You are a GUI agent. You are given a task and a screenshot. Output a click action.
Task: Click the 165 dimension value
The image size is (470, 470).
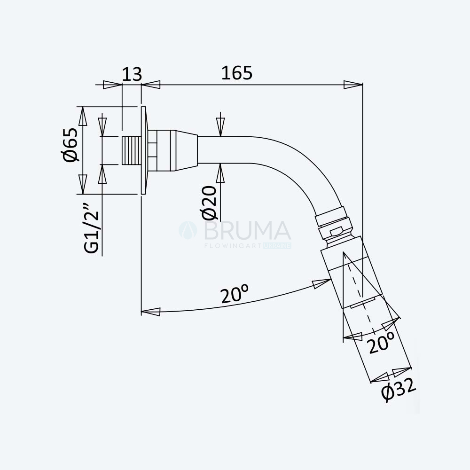point(237,73)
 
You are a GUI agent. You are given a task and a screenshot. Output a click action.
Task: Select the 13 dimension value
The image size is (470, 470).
point(132,74)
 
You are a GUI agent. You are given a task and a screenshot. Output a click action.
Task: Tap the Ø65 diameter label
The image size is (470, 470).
point(71,145)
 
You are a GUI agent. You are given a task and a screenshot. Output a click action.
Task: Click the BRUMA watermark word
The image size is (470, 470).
point(248,230)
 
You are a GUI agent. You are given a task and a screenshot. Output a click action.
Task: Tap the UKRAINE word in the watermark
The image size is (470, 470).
point(277,246)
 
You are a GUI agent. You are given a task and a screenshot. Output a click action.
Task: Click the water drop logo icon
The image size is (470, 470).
point(188,230)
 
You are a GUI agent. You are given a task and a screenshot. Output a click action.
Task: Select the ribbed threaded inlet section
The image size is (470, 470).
point(132,150)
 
